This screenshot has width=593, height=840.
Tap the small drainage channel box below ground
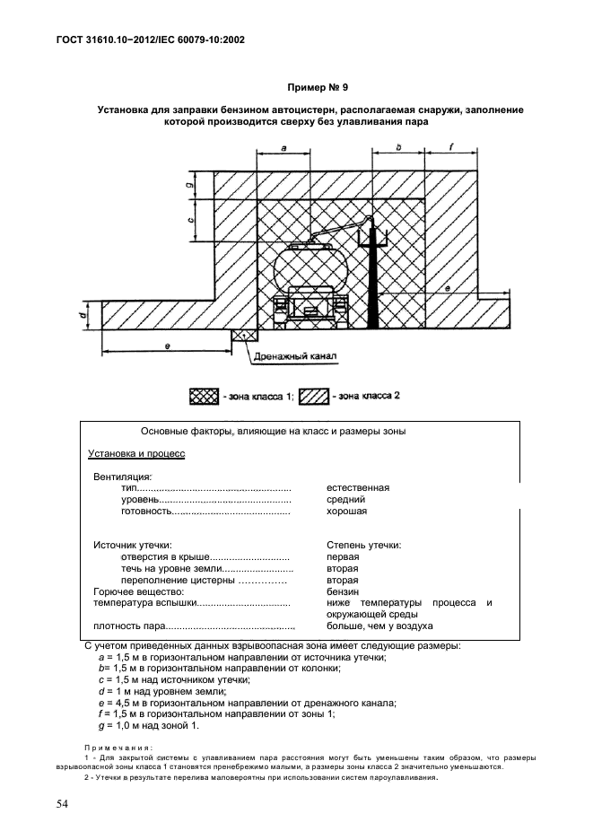244,334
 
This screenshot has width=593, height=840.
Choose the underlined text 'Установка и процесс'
136,454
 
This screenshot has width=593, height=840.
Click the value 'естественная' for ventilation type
359,487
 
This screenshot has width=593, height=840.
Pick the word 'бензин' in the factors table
344,592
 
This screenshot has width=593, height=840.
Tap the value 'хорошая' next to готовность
347,511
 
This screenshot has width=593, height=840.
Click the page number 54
60,803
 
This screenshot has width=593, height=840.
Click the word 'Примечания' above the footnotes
118,747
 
